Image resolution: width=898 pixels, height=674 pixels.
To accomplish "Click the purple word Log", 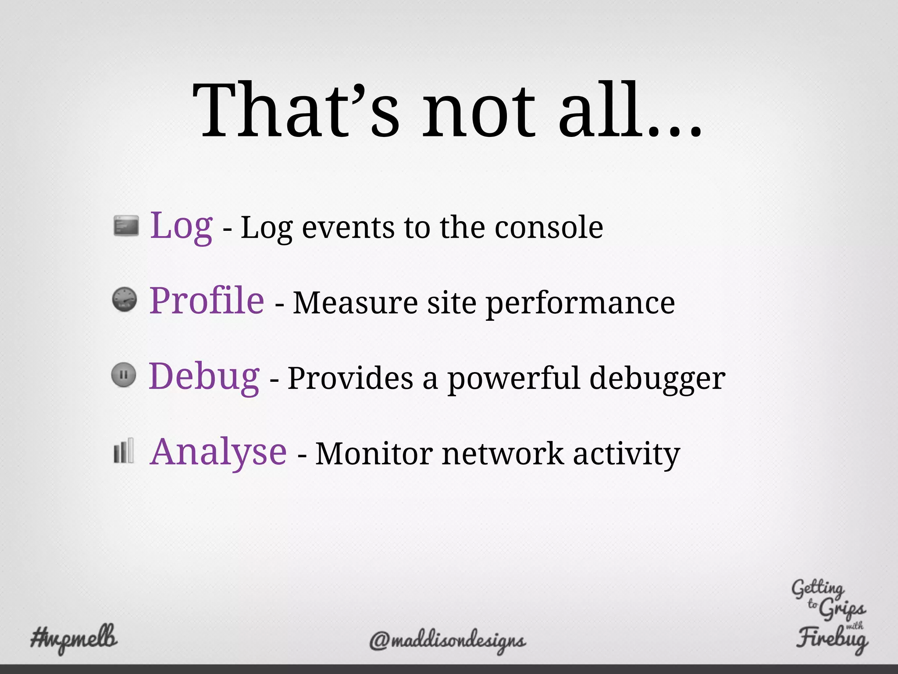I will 182,226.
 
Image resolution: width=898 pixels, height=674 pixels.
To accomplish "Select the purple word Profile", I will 207,301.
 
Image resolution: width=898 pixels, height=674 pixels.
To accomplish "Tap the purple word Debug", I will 204,376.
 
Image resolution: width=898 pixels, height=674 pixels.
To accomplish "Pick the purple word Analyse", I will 218,452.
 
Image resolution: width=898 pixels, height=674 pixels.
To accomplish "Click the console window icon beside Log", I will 126,226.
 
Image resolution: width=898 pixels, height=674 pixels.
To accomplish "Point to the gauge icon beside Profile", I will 125,300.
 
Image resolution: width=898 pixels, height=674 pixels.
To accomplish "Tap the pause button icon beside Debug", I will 124,375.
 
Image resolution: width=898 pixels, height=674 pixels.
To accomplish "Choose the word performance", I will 581,304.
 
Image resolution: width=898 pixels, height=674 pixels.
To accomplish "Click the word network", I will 502,454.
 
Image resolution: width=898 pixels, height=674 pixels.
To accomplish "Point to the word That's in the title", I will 296,110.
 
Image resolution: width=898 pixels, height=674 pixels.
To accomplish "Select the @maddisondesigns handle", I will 447,641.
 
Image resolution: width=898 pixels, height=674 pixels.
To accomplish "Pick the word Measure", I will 355,304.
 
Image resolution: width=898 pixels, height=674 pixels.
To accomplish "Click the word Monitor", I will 374,454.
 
